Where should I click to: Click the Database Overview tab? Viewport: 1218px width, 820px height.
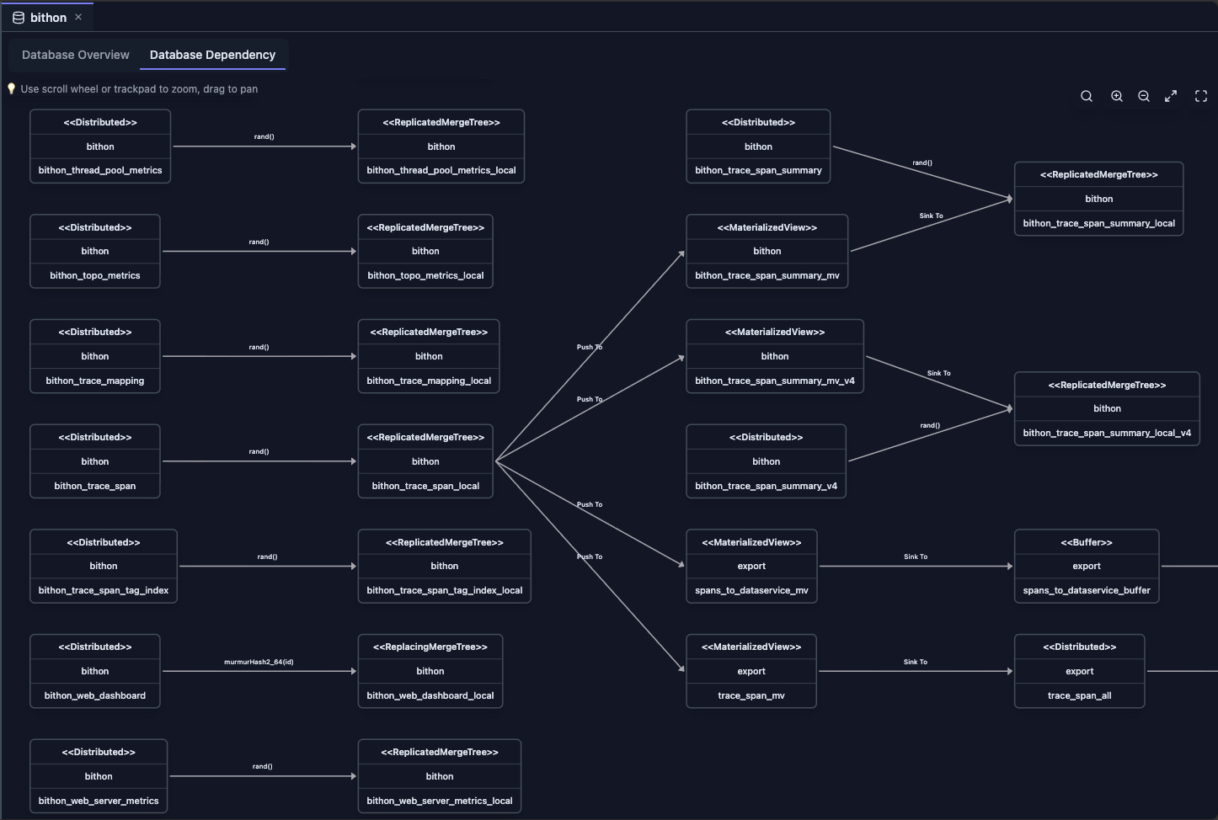pyautogui.click(x=76, y=55)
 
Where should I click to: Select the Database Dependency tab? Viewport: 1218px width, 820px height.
pyautogui.click(x=212, y=55)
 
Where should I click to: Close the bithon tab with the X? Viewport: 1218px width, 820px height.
pyautogui.click(x=78, y=17)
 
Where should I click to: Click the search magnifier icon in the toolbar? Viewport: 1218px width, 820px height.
pyautogui.click(x=1087, y=96)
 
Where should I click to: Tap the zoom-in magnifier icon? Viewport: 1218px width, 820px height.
pyautogui.click(x=1117, y=96)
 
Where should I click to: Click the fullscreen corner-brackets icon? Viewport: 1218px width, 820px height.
pyautogui.click(x=1201, y=96)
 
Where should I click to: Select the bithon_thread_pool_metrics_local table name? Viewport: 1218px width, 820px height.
pyautogui.click(x=441, y=170)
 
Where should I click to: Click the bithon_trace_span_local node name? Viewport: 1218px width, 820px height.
pyautogui.click(x=425, y=486)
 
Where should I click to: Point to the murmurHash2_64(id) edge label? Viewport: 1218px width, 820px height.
pyautogui.click(x=259, y=662)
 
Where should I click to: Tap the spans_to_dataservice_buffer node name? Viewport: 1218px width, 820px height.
pyautogui.click(x=1086, y=590)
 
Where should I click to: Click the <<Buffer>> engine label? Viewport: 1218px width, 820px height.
pyautogui.click(x=1086, y=542)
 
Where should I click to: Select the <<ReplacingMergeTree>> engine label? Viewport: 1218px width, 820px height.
pyautogui.click(x=430, y=647)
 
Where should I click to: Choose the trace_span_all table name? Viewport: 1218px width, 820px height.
pyautogui.click(x=1079, y=695)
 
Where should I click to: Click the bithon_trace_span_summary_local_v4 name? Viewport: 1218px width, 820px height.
pyautogui.click(x=1106, y=433)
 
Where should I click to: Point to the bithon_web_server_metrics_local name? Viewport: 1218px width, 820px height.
pyautogui.click(x=439, y=801)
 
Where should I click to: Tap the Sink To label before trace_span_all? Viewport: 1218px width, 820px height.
pyautogui.click(x=915, y=662)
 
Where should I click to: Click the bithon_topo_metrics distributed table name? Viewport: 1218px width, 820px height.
pyautogui.click(x=94, y=275)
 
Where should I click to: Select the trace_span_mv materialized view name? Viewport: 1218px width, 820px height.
pyautogui.click(x=751, y=695)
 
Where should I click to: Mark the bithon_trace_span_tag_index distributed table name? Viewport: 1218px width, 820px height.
pyautogui.click(x=103, y=590)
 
